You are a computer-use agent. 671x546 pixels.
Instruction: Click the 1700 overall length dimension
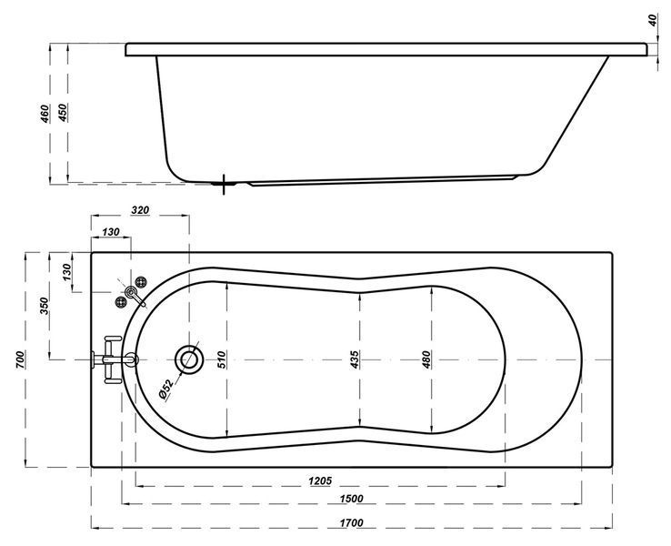pyautogui.click(x=351, y=523)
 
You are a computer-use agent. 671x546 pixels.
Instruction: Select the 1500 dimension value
pyautogui.click(x=351, y=499)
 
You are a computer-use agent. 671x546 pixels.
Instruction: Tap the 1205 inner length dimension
pyautogui.click(x=320, y=480)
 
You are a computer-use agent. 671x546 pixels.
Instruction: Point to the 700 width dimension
pyautogui.click(x=20, y=359)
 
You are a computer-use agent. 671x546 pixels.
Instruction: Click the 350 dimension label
pyautogui.click(x=45, y=306)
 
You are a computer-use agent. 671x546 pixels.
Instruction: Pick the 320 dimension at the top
pyautogui.click(x=140, y=210)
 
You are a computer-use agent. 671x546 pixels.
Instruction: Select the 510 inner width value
pyautogui.click(x=221, y=359)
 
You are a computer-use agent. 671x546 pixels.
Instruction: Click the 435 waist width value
pyautogui.click(x=355, y=359)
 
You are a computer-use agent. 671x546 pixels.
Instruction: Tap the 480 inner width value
pyautogui.click(x=426, y=359)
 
